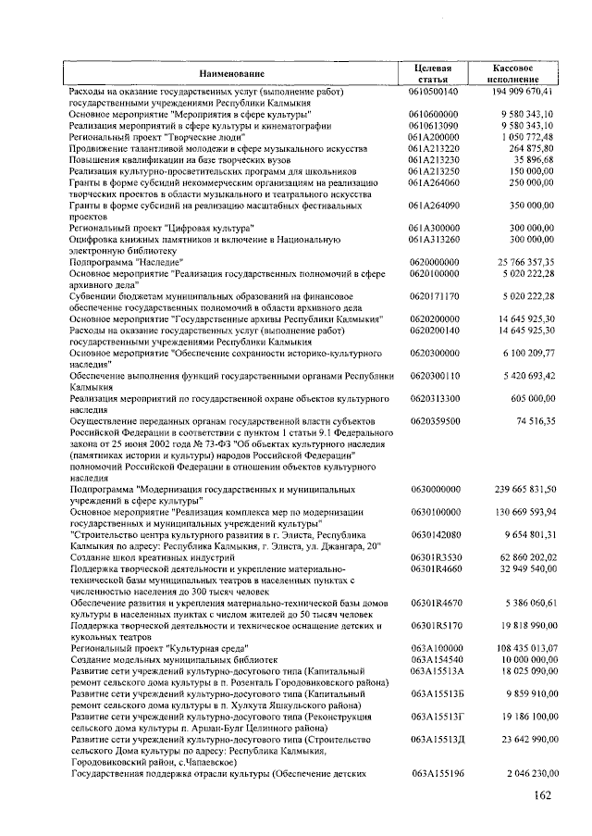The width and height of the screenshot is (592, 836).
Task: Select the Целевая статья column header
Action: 433,73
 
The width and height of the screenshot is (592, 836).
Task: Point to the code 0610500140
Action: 433,93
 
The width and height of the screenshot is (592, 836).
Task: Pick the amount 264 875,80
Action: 524,148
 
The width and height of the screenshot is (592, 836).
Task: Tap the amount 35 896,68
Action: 527,159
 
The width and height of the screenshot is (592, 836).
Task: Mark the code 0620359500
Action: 433,419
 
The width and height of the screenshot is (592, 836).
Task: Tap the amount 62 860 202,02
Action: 520,556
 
